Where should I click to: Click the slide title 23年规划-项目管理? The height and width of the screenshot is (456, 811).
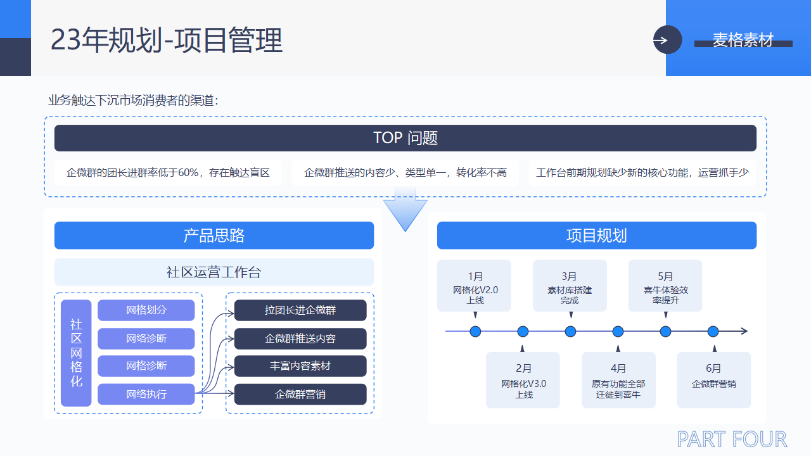(x=167, y=41)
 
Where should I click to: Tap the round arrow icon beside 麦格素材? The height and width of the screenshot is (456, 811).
(x=667, y=40)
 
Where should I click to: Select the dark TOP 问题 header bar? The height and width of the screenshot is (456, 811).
(x=405, y=138)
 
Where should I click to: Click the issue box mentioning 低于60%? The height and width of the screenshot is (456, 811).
(x=168, y=172)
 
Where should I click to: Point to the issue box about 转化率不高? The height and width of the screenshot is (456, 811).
(x=405, y=172)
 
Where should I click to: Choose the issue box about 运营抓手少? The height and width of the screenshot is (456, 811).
(x=642, y=172)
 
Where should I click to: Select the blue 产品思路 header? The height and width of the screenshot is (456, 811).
(x=214, y=236)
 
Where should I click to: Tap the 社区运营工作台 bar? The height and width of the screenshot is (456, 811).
(x=214, y=272)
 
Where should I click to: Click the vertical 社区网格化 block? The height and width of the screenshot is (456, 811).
(x=76, y=353)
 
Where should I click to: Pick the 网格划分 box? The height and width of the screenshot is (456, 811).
(x=146, y=310)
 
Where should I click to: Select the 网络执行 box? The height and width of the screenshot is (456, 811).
(x=146, y=394)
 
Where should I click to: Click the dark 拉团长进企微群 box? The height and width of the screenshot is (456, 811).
(x=300, y=310)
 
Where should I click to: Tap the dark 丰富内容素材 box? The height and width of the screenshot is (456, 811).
(x=300, y=366)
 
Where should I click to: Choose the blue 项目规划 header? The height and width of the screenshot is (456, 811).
(x=597, y=236)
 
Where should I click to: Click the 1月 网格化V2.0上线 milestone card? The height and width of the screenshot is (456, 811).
(x=475, y=286)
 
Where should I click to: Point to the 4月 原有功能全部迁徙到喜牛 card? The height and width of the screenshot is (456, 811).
(x=618, y=380)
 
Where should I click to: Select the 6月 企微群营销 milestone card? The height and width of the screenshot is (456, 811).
(x=713, y=380)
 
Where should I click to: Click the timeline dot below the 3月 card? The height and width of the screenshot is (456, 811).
(x=570, y=331)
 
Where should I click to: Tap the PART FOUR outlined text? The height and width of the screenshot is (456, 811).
(x=732, y=439)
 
